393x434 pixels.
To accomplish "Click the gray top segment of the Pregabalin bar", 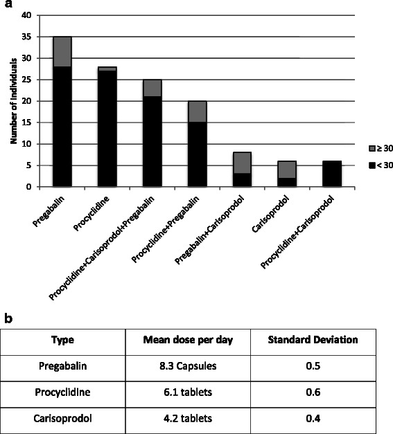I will point(62,51).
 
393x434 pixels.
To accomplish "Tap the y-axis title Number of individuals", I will point(14,101).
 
